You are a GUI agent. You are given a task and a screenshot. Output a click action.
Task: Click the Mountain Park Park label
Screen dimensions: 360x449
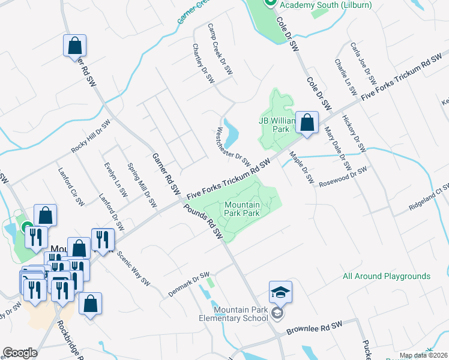(x=242, y=209)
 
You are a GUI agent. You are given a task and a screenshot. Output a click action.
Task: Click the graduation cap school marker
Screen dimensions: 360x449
(x=280, y=292)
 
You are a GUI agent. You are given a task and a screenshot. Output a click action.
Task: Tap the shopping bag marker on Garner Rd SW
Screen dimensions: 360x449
(x=75, y=46)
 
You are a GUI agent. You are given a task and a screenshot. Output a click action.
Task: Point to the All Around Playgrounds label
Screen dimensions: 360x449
(x=387, y=277)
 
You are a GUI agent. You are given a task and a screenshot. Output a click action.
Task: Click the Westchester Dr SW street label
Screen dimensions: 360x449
(x=234, y=146)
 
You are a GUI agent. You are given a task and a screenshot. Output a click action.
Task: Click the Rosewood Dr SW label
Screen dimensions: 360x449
(x=342, y=175)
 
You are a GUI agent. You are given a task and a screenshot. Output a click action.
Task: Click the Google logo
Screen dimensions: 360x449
(x=20, y=353)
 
